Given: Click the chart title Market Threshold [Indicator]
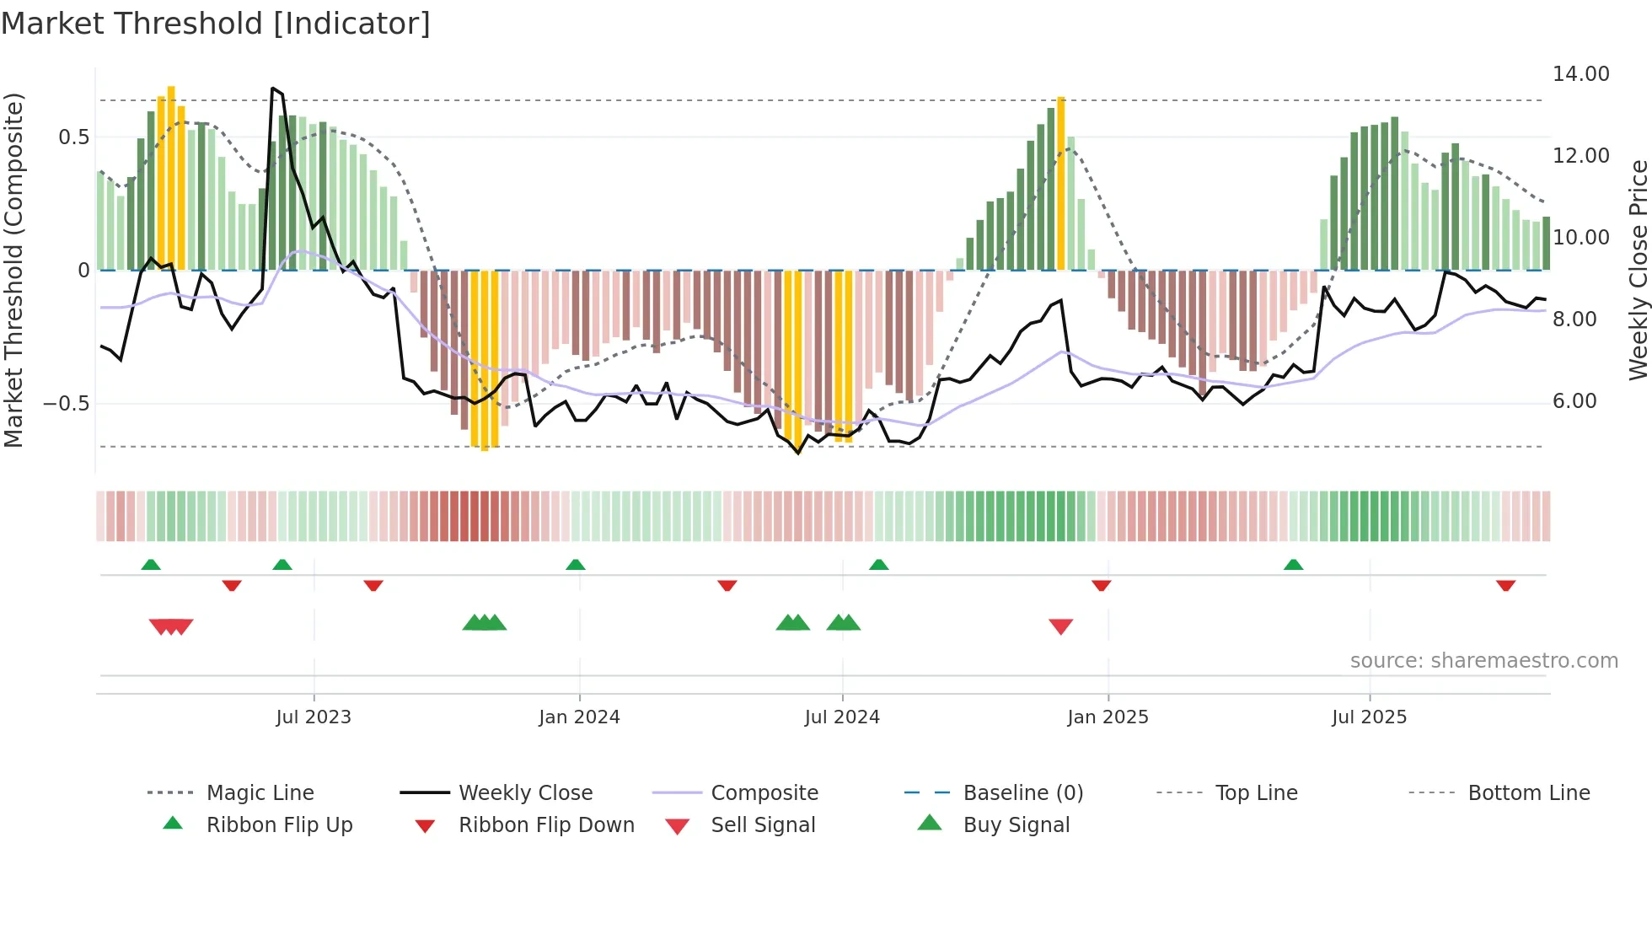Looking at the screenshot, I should (216, 24).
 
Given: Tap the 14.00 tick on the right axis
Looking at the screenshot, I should (1580, 74).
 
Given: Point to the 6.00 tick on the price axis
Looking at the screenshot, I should (1574, 401).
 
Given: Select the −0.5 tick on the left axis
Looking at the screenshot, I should (66, 404).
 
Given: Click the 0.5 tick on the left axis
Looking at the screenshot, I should (73, 137).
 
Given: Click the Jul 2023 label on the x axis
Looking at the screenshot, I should (314, 717).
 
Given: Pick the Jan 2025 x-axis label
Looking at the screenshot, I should (1108, 717).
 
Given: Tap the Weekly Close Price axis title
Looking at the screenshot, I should (1638, 270).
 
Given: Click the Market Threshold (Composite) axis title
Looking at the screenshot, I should (13, 270).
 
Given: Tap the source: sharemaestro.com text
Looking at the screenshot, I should (1483, 661).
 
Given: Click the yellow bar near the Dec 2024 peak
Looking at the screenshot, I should (1061, 181).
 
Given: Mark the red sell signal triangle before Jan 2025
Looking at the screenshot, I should (1061, 626).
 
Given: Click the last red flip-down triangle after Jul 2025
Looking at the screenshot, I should (1506, 585).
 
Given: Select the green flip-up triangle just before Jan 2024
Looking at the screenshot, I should (576, 565).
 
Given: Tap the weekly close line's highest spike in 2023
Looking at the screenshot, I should (272, 89).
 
